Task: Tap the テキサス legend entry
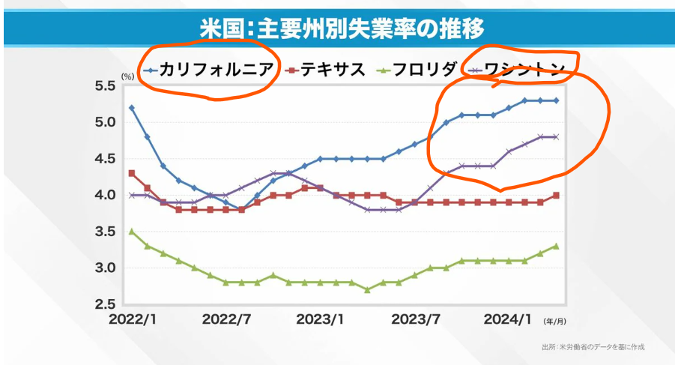333,70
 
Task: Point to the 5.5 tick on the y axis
104,86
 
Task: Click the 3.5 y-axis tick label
104,232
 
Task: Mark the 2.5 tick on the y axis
104,304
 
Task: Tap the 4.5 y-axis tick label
104,159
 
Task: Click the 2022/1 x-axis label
132,319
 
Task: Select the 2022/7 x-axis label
226,319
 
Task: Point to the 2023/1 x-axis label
321,319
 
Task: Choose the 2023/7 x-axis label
415,319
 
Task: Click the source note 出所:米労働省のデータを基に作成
593,347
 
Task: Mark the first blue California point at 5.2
132,108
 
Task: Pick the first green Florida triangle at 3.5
132,232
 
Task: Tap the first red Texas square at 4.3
132,173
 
